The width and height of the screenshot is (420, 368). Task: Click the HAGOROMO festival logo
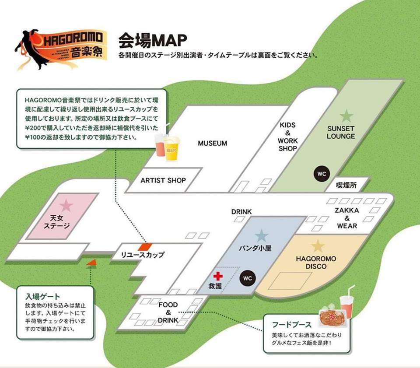point(60,49)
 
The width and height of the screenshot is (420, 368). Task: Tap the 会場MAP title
point(152,40)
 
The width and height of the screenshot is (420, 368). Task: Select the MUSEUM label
point(213,143)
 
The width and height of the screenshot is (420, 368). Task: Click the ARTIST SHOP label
point(163,180)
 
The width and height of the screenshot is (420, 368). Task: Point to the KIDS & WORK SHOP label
point(288,137)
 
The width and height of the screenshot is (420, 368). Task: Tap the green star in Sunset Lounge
point(346,116)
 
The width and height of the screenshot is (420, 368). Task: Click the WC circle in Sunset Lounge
point(322,174)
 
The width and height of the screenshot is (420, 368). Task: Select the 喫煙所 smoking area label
point(346,185)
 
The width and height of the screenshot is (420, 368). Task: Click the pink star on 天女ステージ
point(66,205)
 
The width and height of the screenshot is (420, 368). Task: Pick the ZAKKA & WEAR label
point(347,218)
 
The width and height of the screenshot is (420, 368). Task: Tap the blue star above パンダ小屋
point(262,236)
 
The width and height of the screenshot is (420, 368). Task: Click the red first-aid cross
point(218,276)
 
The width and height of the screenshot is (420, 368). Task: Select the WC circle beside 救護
point(248,278)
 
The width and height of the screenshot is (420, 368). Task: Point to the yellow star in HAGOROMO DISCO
point(318,246)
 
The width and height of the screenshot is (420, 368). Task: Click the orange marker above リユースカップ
point(145,247)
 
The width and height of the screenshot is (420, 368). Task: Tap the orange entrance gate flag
point(91,263)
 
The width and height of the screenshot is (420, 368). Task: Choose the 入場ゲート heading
point(42,297)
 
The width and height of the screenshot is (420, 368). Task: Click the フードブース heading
point(292,325)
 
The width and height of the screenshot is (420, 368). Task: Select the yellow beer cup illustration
point(171,149)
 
